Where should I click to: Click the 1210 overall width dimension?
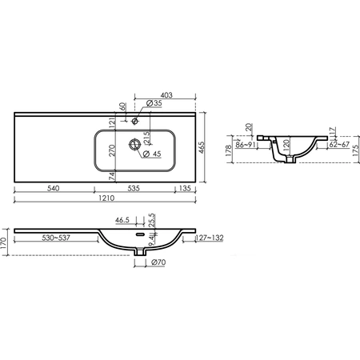pos(106,198)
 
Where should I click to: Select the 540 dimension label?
pos(53,188)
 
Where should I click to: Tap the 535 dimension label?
pos(134,188)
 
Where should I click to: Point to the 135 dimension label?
pos(185,188)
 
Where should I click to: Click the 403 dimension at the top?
pos(166,95)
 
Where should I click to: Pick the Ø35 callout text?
pos(154,103)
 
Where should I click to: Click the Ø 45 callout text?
pos(152,154)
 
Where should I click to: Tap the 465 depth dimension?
pos(202,147)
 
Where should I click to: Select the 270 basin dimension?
pos(112,150)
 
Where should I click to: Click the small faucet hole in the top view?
pos(135,122)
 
